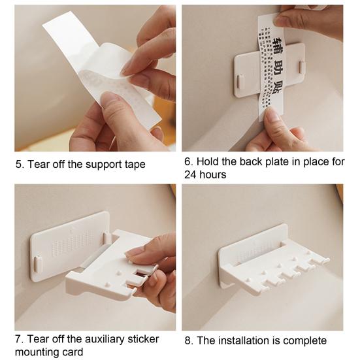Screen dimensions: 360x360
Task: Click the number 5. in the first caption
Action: click(x=20, y=164)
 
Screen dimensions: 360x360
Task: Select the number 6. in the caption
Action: click(x=188, y=161)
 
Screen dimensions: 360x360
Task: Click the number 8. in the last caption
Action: click(x=188, y=340)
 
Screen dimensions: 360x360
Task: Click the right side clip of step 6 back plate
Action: click(x=302, y=67)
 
